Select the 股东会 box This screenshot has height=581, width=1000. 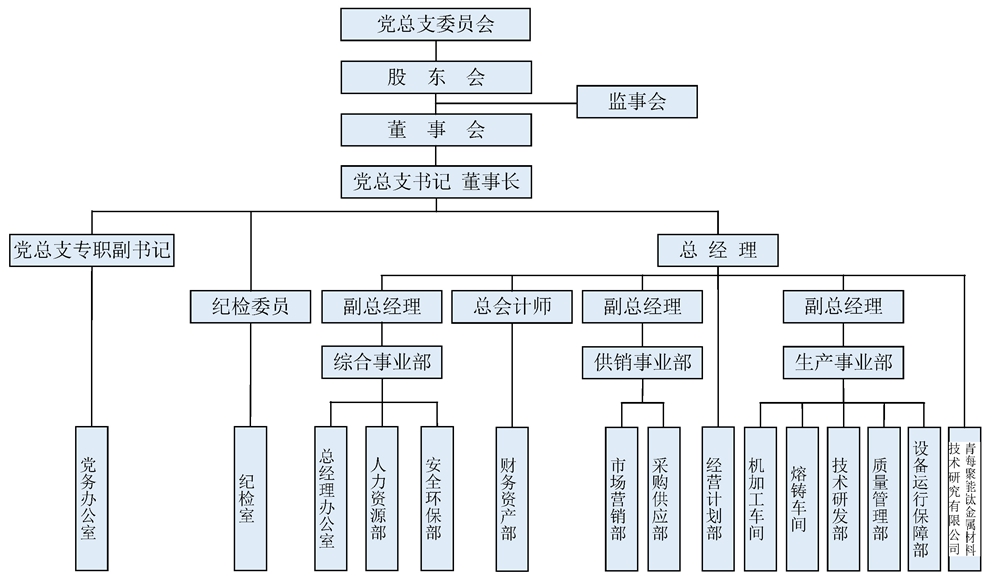click(435, 77)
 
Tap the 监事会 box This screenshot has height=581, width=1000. click(637, 102)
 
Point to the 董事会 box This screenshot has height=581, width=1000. click(435, 130)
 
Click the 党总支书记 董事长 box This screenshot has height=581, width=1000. click(435, 183)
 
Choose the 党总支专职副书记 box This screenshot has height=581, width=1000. click(92, 250)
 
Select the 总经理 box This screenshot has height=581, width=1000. click(718, 250)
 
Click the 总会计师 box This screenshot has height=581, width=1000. click(512, 306)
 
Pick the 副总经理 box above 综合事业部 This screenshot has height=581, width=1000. click(381, 306)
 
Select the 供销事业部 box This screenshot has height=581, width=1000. click(642, 361)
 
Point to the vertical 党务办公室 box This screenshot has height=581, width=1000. click(92, 498)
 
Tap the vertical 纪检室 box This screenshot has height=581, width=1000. click(250, 498)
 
